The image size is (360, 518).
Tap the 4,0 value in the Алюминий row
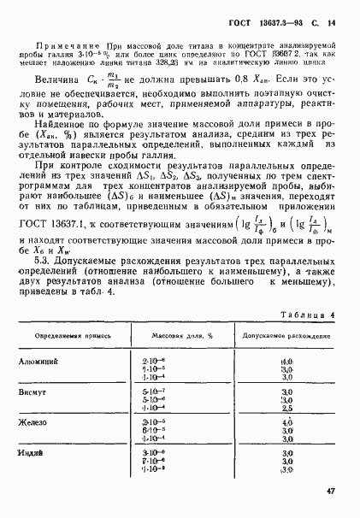pyautogui.click(x=286, y=362)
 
